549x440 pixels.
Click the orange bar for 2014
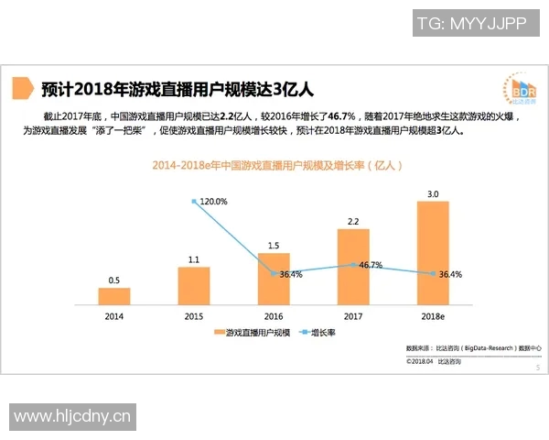114,295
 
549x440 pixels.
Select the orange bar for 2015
193,285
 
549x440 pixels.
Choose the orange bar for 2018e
433,252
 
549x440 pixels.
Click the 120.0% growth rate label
213,201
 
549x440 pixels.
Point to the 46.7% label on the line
370,265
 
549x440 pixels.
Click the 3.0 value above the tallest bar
433,193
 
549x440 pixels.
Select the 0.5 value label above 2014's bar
114,280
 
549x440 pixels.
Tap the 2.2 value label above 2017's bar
353,221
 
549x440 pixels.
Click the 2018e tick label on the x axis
433,316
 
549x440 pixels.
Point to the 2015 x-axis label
193,316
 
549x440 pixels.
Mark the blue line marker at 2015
193,201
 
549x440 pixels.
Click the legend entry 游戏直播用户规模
251,332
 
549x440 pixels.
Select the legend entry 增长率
319,332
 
